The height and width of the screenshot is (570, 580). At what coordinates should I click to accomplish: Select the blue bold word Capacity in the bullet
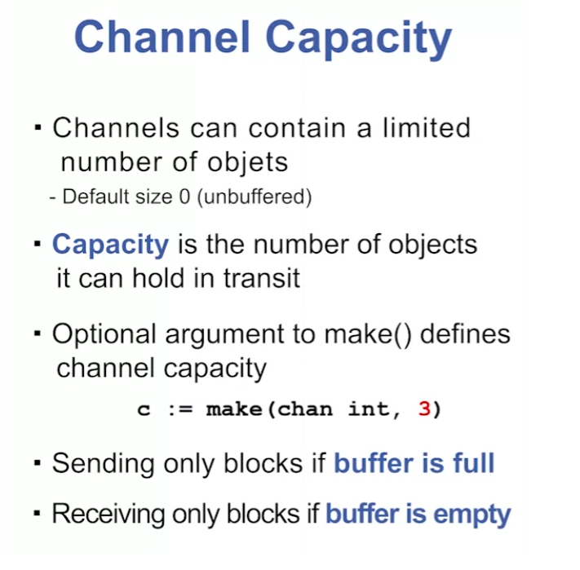coord(110,245)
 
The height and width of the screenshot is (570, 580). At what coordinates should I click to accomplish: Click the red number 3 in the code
coord(423,409)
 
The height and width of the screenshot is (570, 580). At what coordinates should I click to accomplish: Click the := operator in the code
coord(179,409)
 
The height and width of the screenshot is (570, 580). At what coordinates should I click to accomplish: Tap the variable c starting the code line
coord(144,409)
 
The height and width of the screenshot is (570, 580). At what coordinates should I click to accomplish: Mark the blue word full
coord(472,464)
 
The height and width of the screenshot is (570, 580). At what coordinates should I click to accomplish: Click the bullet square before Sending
coord(38,464)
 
